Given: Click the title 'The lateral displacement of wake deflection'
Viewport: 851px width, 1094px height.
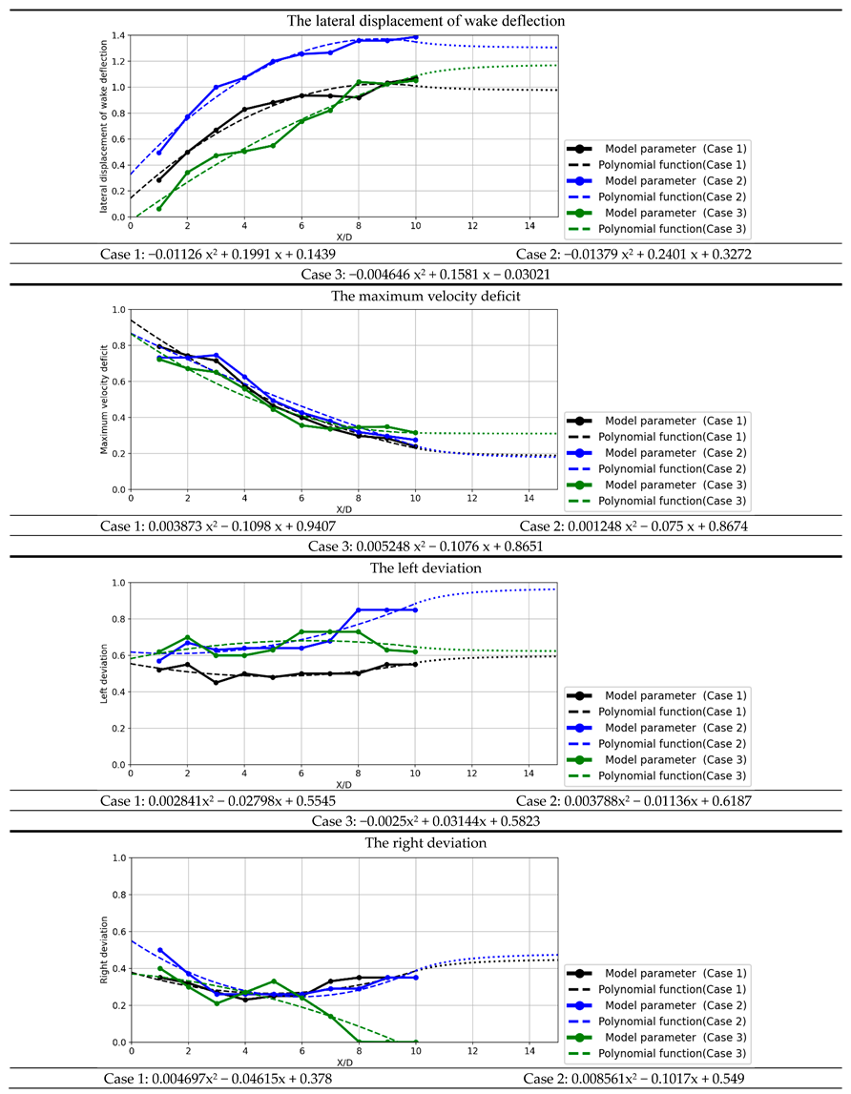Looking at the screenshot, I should point(425,20).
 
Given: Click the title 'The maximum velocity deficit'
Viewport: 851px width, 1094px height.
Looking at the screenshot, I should point(425,295).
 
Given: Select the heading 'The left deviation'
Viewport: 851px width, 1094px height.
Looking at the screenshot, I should point(425,568).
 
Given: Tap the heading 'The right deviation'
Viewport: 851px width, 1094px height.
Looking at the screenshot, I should point(425,842).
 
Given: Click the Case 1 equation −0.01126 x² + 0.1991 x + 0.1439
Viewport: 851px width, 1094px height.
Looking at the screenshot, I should point(218,255).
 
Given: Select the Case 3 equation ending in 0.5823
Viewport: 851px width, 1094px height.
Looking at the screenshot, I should point(425,821).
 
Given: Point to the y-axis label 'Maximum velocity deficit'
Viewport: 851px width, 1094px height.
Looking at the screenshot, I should point(105,400).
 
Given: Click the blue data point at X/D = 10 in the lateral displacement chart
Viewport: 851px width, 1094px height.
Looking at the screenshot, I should point(416,37).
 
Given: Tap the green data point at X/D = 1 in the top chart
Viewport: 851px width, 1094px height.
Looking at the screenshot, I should point(159,208).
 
